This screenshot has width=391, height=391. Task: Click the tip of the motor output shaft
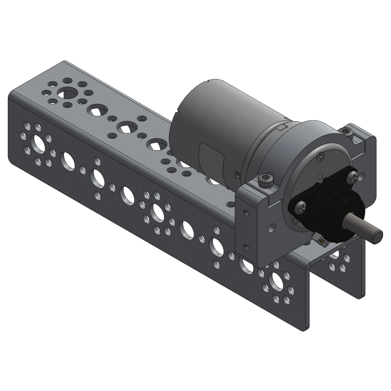coord(378,235)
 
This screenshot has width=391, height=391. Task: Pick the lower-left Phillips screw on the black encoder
coord(301,208)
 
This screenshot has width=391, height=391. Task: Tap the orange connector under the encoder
coord(322,242)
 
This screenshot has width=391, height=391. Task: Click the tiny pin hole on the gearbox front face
coord(320,176)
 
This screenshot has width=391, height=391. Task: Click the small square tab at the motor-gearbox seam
coord(282,127)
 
